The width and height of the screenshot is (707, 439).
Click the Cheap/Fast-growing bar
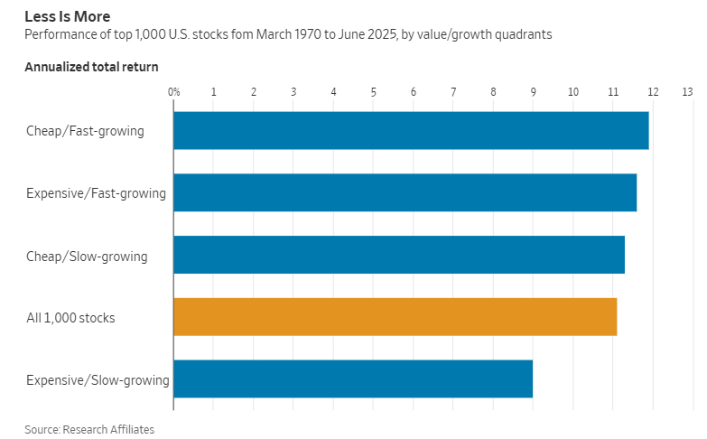pyautogui.click(x=411, y=130)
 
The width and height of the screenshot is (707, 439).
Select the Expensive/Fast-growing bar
pyautogui.click(x=405, y=192)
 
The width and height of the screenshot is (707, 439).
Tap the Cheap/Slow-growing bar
pyautogui.click(x=399, y=255)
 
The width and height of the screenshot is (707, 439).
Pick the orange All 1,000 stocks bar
pyautogui.click(x=395, y=317)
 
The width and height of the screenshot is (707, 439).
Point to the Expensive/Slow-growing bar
pyautogui.click(x=353, y=378)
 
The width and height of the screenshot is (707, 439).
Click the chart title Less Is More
pyautogui.click(x=68, y=16)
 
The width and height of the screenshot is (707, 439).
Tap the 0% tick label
pyautogui.click(x=174, y=92)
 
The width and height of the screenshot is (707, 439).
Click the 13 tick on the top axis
pyautogui.click(x=687, y=92)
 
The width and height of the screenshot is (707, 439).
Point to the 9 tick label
pyautogui.click(x=533, y=92)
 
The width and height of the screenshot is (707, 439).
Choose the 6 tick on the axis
pyautogui.click(x=414, y=92)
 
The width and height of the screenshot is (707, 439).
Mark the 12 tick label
pyautogui.click(x=653, y=92)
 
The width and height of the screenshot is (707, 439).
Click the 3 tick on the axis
pyautogui.click(x=293, y=92)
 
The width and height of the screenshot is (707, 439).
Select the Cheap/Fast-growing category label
pyautogui.click(x=85, y=131)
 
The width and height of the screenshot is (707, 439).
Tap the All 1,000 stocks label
pyautogui.click(x=70, y=318)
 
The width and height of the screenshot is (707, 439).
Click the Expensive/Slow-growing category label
pyautogui.click(x=98, y=380)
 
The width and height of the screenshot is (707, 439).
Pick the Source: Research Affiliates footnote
pyautogui.click(x=89, y=429)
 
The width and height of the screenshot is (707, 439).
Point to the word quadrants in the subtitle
pyautogui.click(x=520, y=35)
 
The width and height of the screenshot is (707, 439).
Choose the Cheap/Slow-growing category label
pyautogui.click(x=87, y=256)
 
